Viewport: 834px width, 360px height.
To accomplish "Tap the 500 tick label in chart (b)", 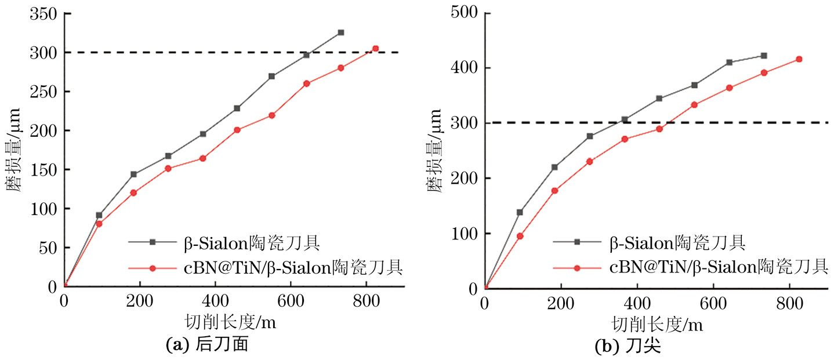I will point(463,13).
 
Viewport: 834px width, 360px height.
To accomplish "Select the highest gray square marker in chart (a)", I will point(340,32).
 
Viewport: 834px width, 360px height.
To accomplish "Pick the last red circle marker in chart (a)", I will point(375,49).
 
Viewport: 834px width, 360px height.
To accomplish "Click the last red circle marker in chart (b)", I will point(799,59).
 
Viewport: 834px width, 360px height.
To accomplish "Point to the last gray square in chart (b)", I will point(764,56).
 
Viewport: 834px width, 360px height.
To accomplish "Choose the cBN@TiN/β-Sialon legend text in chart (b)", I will point(718,267).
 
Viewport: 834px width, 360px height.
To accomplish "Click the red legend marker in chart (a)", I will point(153,268).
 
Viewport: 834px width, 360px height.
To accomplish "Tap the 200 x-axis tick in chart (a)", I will point(140,303).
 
